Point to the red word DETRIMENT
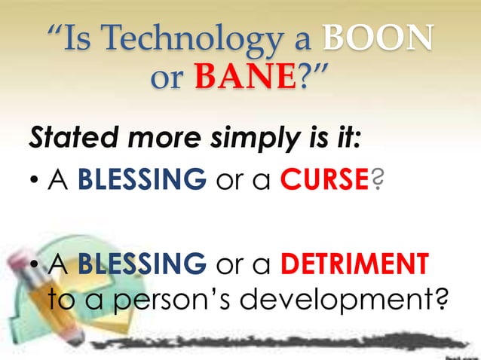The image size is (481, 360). (354, 265)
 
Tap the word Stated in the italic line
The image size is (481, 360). (63, 139)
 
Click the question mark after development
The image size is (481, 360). (445, 301)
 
